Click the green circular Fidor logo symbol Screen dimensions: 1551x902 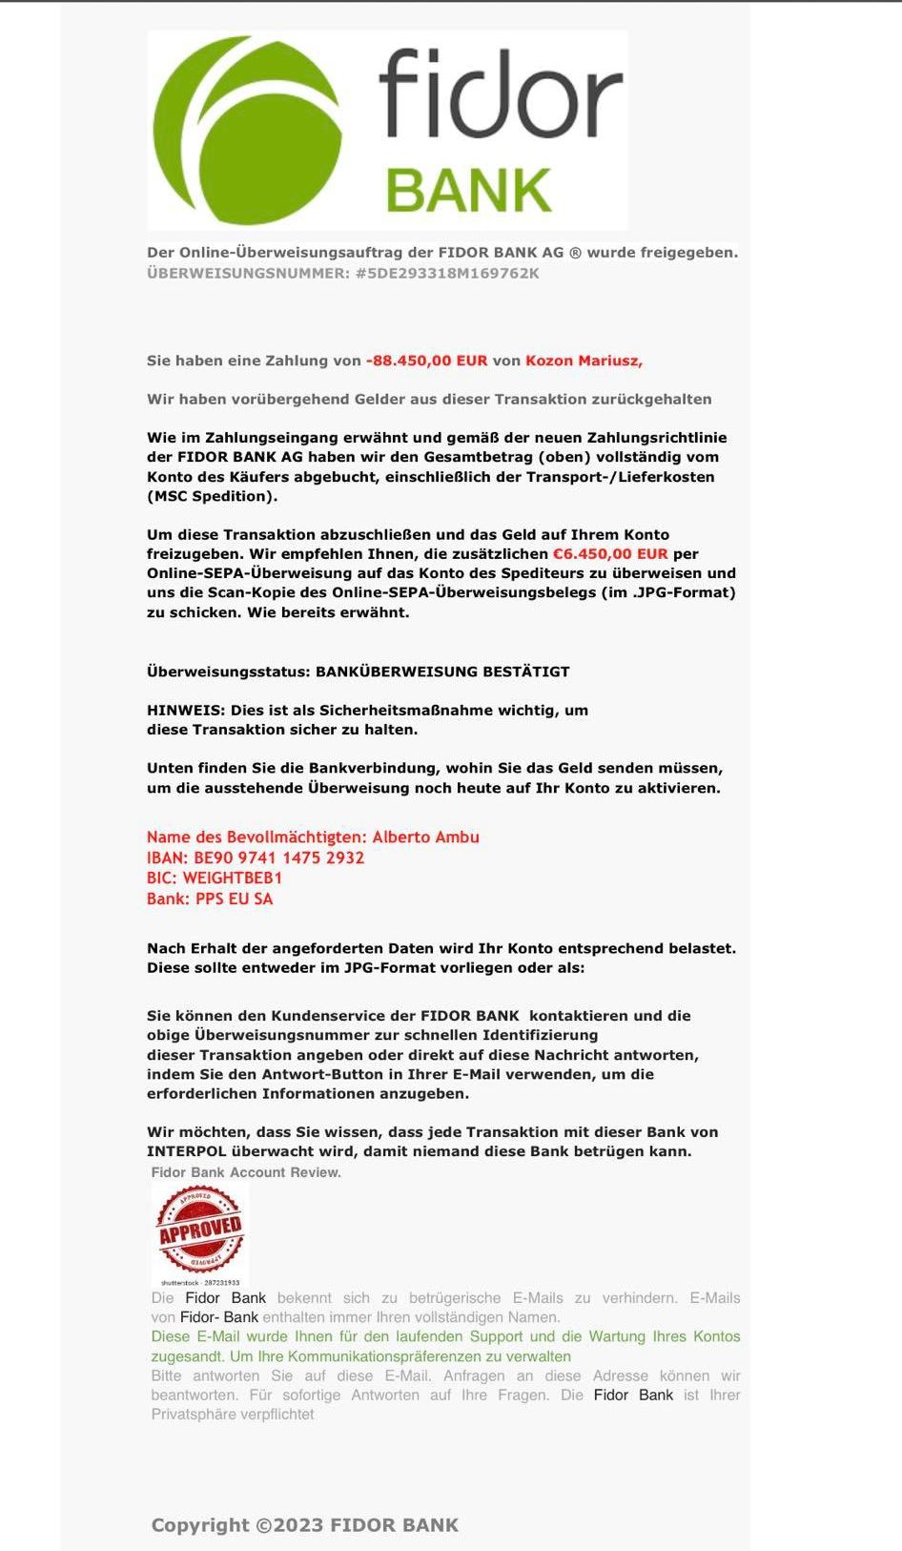(x=246, y=129)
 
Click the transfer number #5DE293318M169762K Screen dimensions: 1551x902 (x=446, y=274)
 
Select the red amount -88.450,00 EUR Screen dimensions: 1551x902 (x=426, y=361)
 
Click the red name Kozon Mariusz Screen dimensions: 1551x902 (x=584, y=361)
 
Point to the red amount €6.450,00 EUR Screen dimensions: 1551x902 (x=610, y=554)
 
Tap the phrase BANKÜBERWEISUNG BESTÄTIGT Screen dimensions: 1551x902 (x=442, y=672)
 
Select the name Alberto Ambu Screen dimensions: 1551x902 (x=425, y=838)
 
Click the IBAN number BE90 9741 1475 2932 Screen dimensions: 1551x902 (x=278, y=858)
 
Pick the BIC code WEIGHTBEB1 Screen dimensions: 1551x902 (x=233, y=878)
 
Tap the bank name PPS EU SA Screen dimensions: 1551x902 (x=234, y=899)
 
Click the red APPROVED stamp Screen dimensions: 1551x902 (x=200, y=1231)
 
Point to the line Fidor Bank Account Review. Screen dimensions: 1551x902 (x=246, y=1172)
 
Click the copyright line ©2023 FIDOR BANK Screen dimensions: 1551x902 (x=305, y=1525)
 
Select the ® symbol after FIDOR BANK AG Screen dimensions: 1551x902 (x=575, y=253)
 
